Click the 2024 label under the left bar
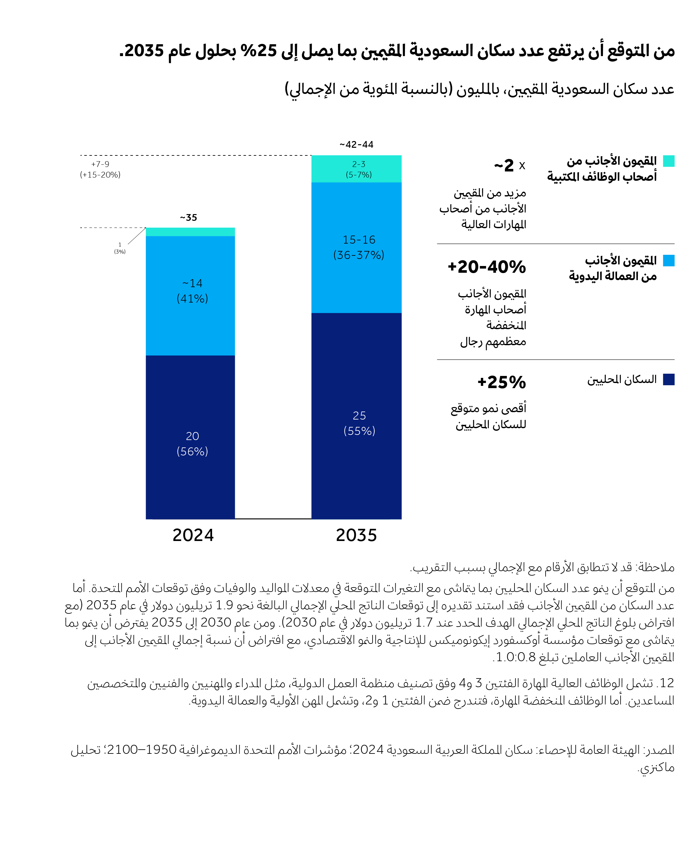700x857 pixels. tap(193, 535)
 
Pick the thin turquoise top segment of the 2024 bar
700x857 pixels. tap(190, 232)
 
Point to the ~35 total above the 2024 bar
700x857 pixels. tap(188, 218)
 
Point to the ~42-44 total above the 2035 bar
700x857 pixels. tap(357, 144)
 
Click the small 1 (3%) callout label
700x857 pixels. tap(120, 248)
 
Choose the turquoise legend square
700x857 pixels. tap(669, 161)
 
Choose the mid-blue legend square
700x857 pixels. tap(669, 261)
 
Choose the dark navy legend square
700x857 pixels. tap(669, 379)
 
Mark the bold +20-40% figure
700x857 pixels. tap(487, 267)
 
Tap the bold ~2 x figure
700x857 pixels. tap(509, 165)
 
